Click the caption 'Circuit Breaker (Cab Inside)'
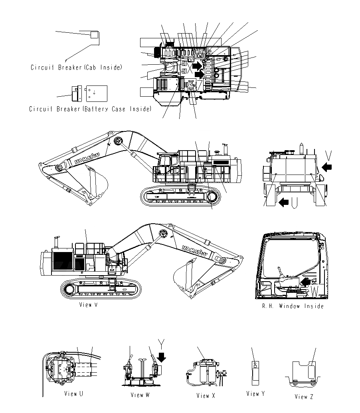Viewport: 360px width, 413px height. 76,68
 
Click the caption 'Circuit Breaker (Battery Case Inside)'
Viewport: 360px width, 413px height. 90,109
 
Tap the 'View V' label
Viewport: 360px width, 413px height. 88,304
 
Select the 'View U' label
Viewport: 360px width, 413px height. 73,394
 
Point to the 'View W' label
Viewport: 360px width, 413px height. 140,395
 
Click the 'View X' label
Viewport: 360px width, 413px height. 206,395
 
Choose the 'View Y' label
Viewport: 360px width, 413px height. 255,394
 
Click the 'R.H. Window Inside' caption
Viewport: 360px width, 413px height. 293,306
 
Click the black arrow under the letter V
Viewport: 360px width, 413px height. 326,167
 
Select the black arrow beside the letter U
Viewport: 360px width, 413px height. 284,203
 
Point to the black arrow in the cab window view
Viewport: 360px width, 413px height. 306,282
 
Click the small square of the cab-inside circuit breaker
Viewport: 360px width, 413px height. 93,35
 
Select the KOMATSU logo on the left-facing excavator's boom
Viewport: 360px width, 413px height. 86,158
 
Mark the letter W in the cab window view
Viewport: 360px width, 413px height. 315,292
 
